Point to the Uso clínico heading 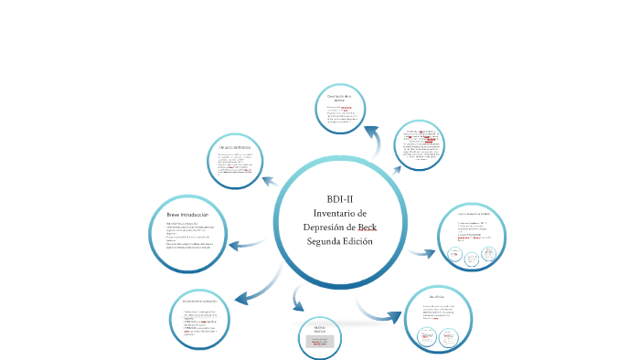click(x=437, y=298)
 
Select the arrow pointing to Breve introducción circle click(x=243, y=244)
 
